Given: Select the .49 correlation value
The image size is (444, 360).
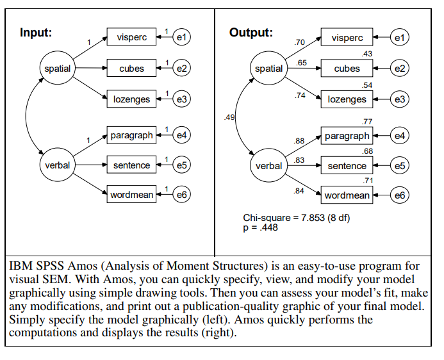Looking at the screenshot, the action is [x=229, y=117].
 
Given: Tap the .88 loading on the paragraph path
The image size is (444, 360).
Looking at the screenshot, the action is [x=299, y=141].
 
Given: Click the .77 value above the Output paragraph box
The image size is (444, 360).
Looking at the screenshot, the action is [x=367, y=122].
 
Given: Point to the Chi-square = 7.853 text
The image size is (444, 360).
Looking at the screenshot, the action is [x=284, y=218].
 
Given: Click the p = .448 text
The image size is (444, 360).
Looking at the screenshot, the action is [x=261, y=227].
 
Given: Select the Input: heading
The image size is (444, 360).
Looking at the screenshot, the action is [x=36, y=33].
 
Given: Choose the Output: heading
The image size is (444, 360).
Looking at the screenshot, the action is [x=251, y=33].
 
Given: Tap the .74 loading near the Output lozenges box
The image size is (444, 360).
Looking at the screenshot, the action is [x=300, y=95].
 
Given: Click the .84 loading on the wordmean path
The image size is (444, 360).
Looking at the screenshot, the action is [x=299, y=191].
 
